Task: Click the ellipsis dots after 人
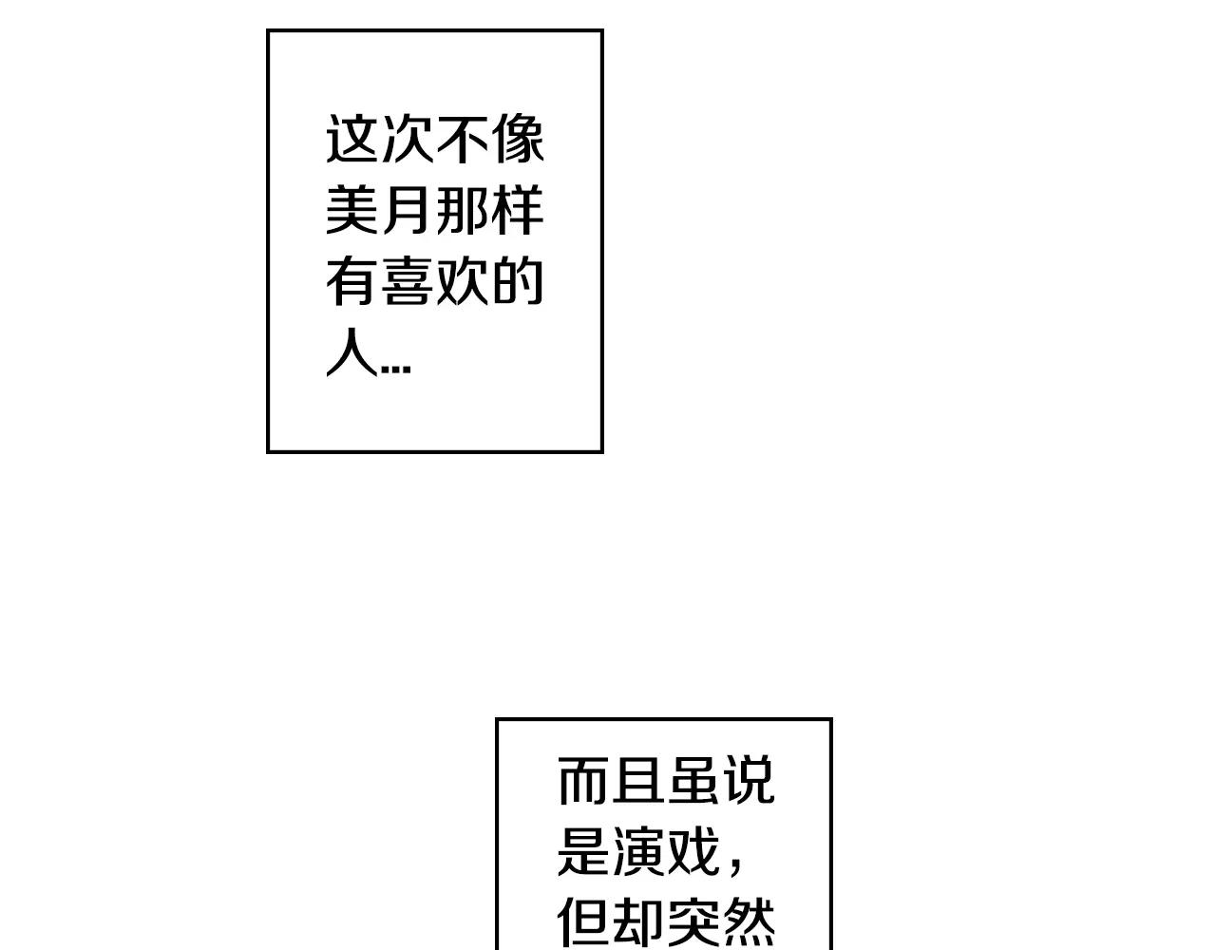[396, 370]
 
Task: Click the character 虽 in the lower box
[693, 780]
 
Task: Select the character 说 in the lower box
[750, 780]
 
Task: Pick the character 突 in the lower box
[693, 922]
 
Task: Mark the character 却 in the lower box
[638, 922]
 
